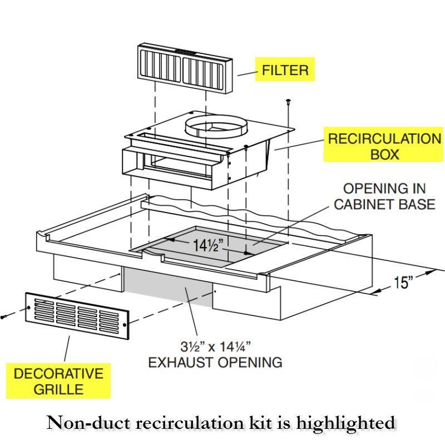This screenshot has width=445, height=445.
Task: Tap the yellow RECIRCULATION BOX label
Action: coord(384,146)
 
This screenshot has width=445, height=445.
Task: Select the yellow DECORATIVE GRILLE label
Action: coord(59,381)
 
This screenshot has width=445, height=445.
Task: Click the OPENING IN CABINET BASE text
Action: coord(384,196)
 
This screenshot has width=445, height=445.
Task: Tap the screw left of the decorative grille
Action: coord(4,316)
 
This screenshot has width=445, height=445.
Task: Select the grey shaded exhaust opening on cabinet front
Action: coord(167,286)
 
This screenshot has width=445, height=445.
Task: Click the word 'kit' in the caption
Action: coord(250,424)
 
